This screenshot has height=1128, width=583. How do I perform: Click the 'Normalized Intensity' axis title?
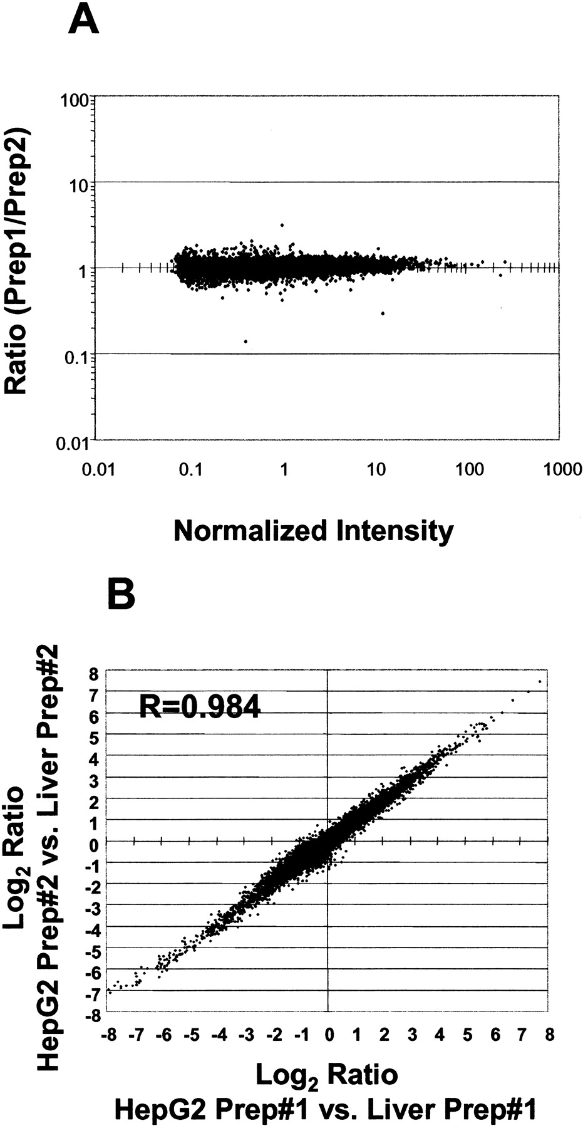313,531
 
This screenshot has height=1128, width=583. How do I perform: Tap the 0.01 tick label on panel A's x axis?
98,469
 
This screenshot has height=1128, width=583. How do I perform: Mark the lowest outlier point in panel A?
245,342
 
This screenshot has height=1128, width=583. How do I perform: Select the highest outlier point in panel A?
282,225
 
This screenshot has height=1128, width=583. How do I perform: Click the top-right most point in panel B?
539,682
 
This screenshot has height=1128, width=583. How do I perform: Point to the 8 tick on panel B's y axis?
93,674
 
